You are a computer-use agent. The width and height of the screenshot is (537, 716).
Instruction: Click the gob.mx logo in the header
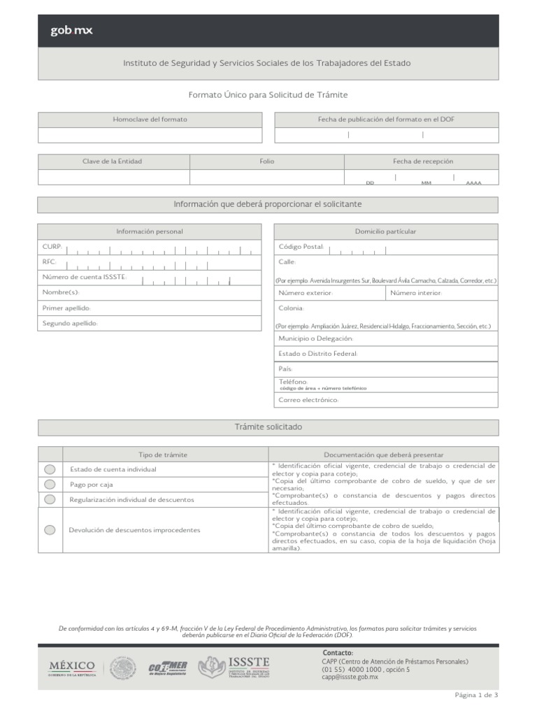point(71,30)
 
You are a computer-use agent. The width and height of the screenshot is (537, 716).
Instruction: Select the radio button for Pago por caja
point(50,484)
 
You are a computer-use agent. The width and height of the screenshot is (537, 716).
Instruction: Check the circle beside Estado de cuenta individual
point(50,469)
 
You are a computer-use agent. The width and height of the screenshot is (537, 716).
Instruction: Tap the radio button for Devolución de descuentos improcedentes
point(50,530)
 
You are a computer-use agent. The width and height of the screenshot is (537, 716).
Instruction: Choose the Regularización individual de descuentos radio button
point(50,499)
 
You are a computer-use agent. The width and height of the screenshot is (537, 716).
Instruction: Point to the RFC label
point(50,262)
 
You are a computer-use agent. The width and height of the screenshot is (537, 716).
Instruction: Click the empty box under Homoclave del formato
point(150,135)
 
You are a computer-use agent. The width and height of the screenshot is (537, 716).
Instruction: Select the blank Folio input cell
point(266,177)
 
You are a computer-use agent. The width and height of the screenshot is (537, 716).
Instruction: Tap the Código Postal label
point(301,247)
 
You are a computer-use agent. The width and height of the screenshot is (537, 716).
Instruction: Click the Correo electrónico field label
point(308,400)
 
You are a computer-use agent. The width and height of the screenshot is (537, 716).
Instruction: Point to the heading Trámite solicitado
point(268,427)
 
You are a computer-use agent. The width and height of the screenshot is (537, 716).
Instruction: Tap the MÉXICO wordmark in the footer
point(72,665)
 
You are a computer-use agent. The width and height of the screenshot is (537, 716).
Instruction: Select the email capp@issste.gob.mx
point(350,678)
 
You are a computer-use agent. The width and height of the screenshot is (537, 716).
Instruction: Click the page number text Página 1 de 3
point(476,695)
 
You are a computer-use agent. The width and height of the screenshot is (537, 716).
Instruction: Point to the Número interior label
point(416,293)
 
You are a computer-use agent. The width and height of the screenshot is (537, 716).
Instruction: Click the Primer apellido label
point(66,308)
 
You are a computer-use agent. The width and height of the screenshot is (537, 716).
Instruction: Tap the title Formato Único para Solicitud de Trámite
point(268,94)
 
